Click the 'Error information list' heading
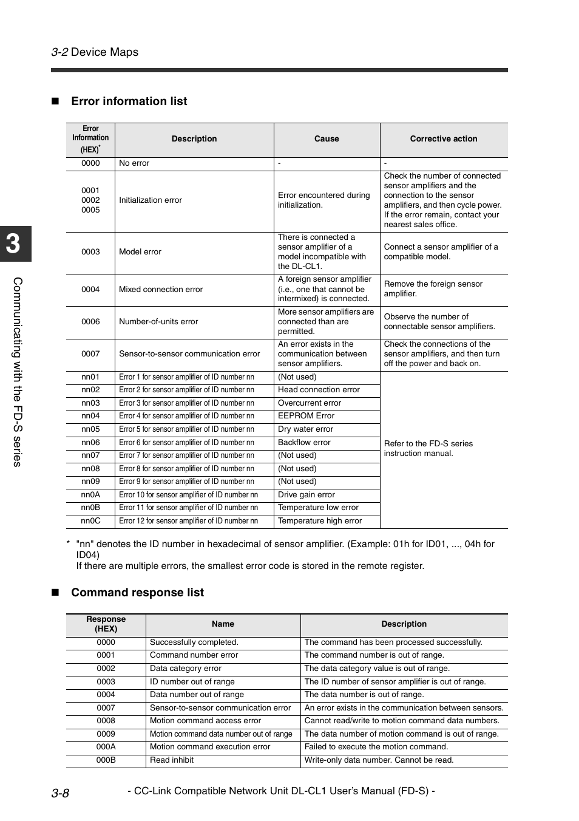pyautogui.click(x=129, y=101)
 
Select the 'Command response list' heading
pyautogui.click(x=137, y=593)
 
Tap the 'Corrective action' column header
pyautogui.click(x=443, y=139)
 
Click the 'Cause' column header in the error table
pyautogui.click(x=327, y=139)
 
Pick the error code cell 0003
pyautogui.click(x=90, y=252)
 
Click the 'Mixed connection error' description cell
pyautogui.click(x=161, y=290)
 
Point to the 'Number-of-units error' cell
pyautogui.click(x=158, y=322)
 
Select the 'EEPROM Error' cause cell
pyautogui.click(x=306, y=416)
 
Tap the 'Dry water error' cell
pyautogui.click(x=305, y=429)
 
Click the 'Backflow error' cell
pyautogui.click(x=304, y=443)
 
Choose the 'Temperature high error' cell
pyautogui.click(x=319, y=521)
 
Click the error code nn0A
pyautogui.click(x=90, y=495)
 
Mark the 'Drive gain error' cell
pyautogui.click(x=306, y=495)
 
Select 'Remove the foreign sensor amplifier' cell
pyautogui.click(x=433, y=289)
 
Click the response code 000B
pyautogui.click(x=106, y=760)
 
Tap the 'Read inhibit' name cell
pyautogui.click(x=172, y=760)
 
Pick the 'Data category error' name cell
pyautogui.click(x=185, y=669)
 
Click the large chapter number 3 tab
pyautogui.click(x=14, y=244)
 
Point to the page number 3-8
pyautogui.click(x=60, y=793)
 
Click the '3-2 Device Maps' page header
pyautogui.click(x=95, y=52)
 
